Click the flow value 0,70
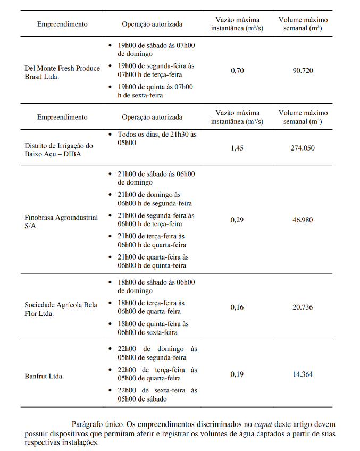pos(237,70)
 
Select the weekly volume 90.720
pos(303,70)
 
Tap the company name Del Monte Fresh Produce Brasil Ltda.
pos(62,72)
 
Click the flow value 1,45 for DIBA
pos(237,148)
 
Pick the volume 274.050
pos(303,148)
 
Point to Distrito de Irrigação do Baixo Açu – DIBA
pos(58,149)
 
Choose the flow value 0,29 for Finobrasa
pos(237,220)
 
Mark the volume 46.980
pos(303,220)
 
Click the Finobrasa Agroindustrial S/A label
pos(61,221)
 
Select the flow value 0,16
pos(237,307)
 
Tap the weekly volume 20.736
pos(303,307)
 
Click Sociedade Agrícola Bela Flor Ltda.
pos(61,309)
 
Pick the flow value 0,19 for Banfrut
pos(237,374)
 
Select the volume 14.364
pos(303,374)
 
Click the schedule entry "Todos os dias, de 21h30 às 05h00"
pos(157,139)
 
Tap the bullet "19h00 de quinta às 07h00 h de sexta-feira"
pos(155,91)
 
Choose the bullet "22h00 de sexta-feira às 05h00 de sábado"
pos(157,395)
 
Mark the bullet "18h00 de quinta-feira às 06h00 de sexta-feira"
pos(153,328)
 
